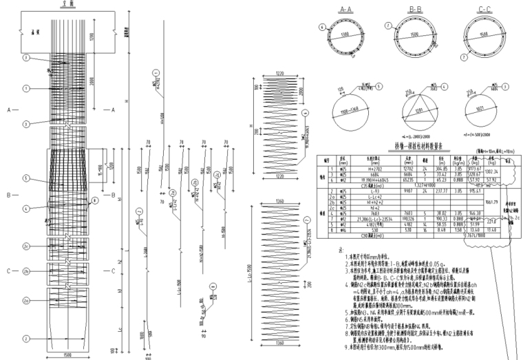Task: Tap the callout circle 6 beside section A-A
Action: (x=321, y=28)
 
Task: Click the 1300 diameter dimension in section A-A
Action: (x=350, y=36)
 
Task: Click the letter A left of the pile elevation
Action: (x=8, y=109)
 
